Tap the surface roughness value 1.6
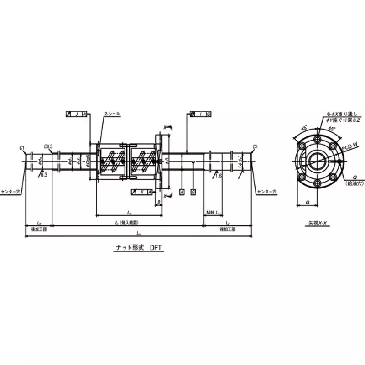click(219, 175)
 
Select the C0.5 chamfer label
click(49, 146)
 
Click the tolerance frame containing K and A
click(141, 192)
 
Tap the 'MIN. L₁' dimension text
click(213, 213)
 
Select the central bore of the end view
click(316, 161)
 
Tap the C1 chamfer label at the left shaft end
click(22, 147)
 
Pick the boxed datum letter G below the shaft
click(193, 192)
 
